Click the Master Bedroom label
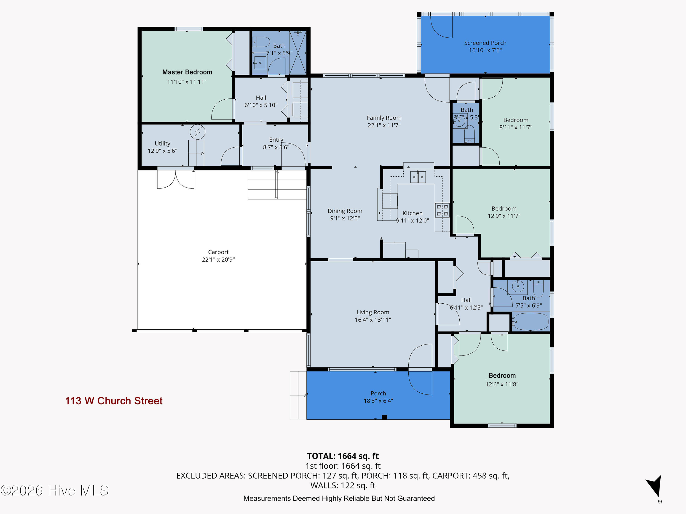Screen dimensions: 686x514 (187, 72)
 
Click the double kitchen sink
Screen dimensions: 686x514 (418, 177)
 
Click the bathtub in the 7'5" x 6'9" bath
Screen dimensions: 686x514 (531, 322)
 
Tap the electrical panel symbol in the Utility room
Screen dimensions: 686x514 (198, 132)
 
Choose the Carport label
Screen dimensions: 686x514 (218, 252)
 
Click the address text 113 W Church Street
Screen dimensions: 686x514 (114, 401)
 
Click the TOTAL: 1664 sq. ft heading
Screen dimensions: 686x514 (343, 456)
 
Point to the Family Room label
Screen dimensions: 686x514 (384, 118)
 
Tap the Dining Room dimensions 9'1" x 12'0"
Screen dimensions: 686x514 (345, 218)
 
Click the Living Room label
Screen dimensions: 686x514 (373, 312)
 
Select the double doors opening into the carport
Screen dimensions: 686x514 (176, 179)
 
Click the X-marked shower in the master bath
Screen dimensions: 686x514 (298, 53)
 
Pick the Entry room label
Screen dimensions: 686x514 (276, 140)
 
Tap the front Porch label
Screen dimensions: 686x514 (378, 393)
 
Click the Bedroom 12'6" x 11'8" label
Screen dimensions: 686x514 (502, 376)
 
